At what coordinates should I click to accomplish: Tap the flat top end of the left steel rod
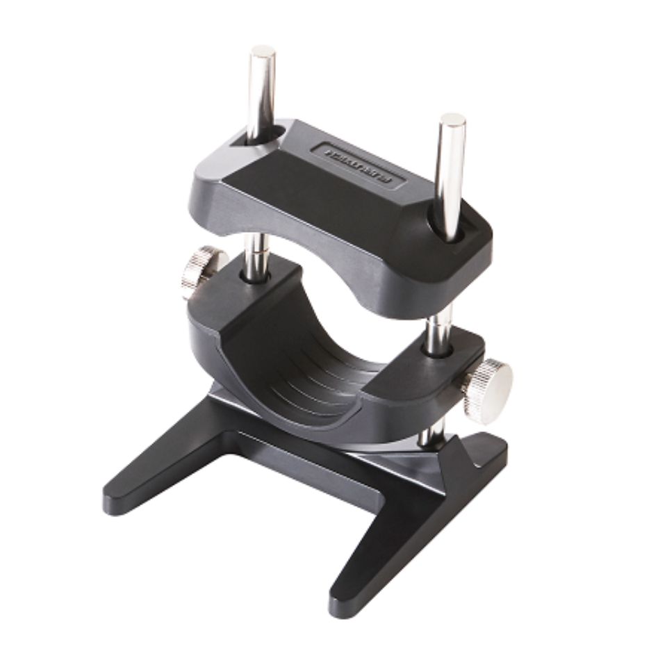[263, 51]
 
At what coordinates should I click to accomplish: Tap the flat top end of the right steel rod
[452, 120]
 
